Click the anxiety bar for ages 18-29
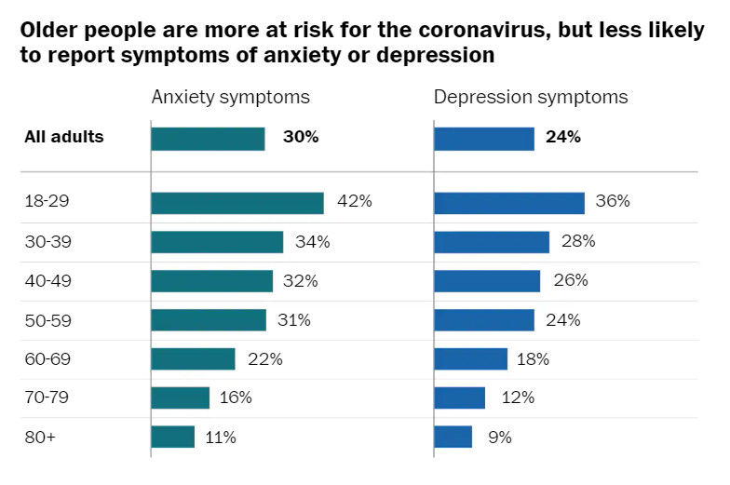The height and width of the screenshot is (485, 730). (237, 203)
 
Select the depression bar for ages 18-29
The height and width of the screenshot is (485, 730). (509, 203)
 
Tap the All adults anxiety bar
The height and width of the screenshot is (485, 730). (208, 139)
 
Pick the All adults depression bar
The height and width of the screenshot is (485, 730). (484, 139)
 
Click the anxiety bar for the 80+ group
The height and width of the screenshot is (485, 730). (172, 437)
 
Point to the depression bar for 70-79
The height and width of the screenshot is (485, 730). (459, 397)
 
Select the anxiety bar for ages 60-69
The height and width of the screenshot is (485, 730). (193, 359)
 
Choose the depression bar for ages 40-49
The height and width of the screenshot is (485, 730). (487, 281)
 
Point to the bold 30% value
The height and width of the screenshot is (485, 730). (301, 138)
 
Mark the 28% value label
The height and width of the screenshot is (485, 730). (578, 242)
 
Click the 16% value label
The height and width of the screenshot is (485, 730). (236, 397)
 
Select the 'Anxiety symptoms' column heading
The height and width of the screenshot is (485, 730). (231, 97)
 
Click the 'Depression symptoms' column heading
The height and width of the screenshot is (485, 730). (531, 97)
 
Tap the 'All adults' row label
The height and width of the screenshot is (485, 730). (63, 138)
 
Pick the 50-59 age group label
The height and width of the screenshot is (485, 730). (47, 320)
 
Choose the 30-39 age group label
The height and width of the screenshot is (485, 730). (47, 242)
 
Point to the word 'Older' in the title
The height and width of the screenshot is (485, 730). (46, 31)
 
